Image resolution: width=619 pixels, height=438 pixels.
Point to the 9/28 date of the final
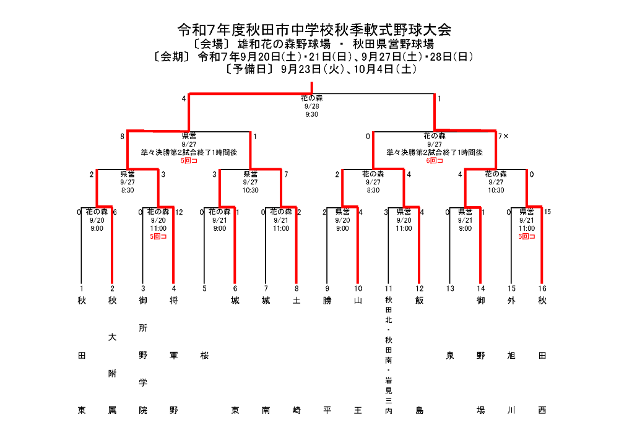(x=311, y=106)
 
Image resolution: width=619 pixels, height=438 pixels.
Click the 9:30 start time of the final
(x=311, y=114)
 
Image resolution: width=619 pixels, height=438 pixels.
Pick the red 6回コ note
(x=435, y=160)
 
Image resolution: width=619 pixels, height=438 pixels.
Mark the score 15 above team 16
(x=547, y=212)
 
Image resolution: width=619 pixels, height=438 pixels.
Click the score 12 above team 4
(x=180, y=212)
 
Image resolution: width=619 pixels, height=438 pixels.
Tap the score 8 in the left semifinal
(x=123, y=135)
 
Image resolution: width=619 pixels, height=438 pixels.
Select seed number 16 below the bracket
(x=542, y=288)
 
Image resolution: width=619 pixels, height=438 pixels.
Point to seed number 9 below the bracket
(x=327, y=288)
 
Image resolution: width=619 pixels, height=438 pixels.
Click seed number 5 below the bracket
(x=204, y=288)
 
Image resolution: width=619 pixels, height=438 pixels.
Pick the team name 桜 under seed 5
(x=204, y=356)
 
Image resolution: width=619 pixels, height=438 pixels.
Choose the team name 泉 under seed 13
(x=450, y=356)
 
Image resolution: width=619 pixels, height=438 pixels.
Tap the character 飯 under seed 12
(x=419, y=301)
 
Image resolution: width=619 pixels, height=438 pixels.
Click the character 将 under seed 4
(x=173, y=301)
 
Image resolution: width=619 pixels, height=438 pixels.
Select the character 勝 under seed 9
(x=327, y=301)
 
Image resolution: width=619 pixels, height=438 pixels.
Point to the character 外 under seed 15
(x=511, y=301)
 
